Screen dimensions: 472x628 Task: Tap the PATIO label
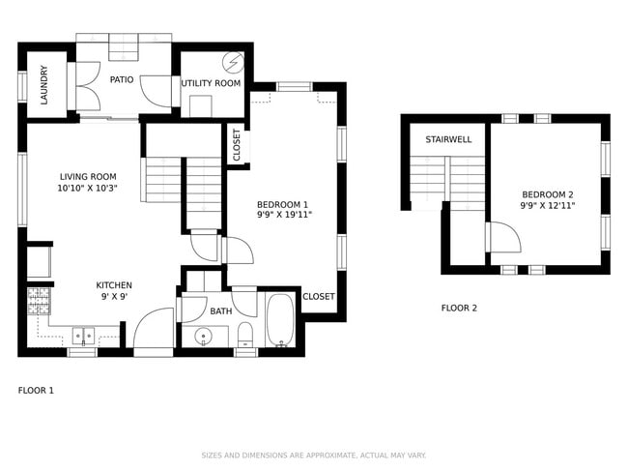(121, 79)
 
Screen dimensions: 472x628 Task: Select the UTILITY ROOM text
(211, 83)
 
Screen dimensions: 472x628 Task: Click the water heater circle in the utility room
(233, 62)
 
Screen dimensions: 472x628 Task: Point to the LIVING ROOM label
(87, 177)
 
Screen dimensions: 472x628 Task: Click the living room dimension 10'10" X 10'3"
(87, 189)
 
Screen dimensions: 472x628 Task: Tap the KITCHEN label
(114, 285)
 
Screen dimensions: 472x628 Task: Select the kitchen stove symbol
(39, 300)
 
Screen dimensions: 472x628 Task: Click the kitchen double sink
(84, 336)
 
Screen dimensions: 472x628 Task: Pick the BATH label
(221, 311)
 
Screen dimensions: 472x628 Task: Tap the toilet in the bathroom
(245, 335)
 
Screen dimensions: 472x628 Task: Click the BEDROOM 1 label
(282, 204)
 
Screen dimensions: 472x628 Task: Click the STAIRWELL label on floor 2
(448, 139)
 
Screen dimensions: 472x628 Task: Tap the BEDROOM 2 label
(548, 193)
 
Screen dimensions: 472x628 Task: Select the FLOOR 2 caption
(459, 309)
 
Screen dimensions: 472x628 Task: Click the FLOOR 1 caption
(36, 390)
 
